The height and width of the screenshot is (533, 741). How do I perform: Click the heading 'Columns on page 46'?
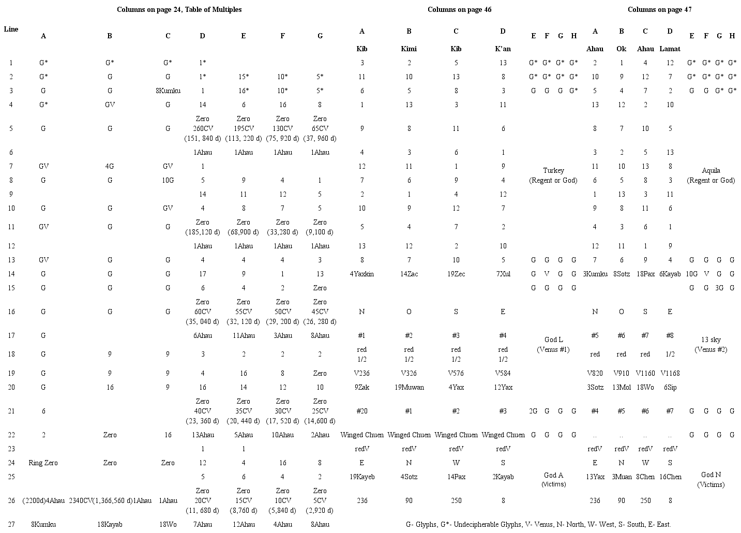(459, 10)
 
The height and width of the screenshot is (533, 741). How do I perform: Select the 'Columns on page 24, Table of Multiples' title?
(179, 10)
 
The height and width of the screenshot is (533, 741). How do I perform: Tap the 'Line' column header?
(11, 29)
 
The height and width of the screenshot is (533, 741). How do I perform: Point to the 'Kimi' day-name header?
(409, 49)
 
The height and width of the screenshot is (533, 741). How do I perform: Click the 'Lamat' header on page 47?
(670, 49)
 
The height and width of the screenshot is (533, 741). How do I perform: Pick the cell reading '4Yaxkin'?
(362, 274)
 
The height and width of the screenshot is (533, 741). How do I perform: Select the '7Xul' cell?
(503, 274)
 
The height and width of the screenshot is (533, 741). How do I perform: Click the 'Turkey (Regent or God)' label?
(553, 175)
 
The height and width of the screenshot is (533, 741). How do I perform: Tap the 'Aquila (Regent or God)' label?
(711, 175)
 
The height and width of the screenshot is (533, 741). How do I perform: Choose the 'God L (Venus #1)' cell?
(553, 345)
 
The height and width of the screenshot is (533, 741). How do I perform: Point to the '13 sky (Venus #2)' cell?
(711, 345)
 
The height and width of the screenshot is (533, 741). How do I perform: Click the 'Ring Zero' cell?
(43, 463)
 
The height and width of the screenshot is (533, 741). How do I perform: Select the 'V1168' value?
(670, 373)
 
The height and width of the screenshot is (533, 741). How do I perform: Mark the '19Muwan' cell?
(409, 387)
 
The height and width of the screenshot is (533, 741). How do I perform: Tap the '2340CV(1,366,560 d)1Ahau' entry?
(110, 500)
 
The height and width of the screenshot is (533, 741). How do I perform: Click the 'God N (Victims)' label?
(711, 480)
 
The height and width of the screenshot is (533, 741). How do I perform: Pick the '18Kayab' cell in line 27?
(110, 524)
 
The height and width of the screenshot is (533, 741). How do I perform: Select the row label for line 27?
(11, 524)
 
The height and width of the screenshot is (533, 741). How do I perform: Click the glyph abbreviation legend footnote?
(538, 524)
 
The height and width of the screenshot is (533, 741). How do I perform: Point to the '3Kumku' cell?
(595, 274)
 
